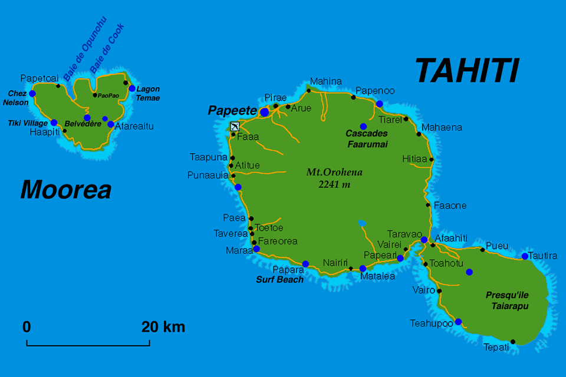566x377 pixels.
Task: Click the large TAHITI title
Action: tap(467, 71)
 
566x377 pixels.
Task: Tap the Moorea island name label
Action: tap(65, 190)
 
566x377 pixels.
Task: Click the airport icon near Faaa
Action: tap(235, 126)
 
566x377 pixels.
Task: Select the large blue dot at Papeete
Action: tap(265, 111)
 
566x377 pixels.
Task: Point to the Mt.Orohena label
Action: tap(334, 177)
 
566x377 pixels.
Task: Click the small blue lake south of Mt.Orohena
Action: tap(362, 223)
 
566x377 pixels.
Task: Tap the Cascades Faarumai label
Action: tap(366, 139)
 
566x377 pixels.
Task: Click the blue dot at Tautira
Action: tap(525, 256)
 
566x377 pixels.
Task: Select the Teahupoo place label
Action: tap(432, 323)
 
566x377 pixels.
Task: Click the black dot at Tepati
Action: tap(513, 342)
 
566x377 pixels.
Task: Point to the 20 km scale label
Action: tap(163, 327)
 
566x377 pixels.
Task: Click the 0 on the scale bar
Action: tap(27, 327)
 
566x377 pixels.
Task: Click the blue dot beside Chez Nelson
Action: tap(32, 94)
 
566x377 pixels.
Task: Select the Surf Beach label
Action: tap(279, 280)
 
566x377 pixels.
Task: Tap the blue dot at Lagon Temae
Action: tap(132, 89)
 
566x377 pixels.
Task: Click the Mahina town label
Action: tap(325, 81)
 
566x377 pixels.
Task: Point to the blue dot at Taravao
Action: tap(424, 239)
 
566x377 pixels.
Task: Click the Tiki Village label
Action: tap(27, 123)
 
